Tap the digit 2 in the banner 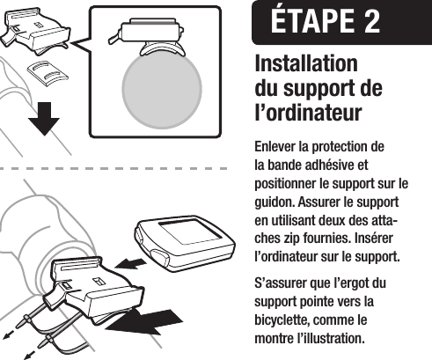click(369, 22)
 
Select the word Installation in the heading click(305, 66)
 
